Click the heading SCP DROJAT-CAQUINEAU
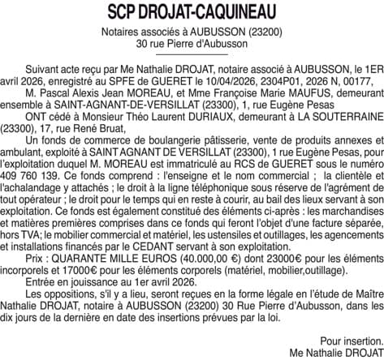click(192, 13)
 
